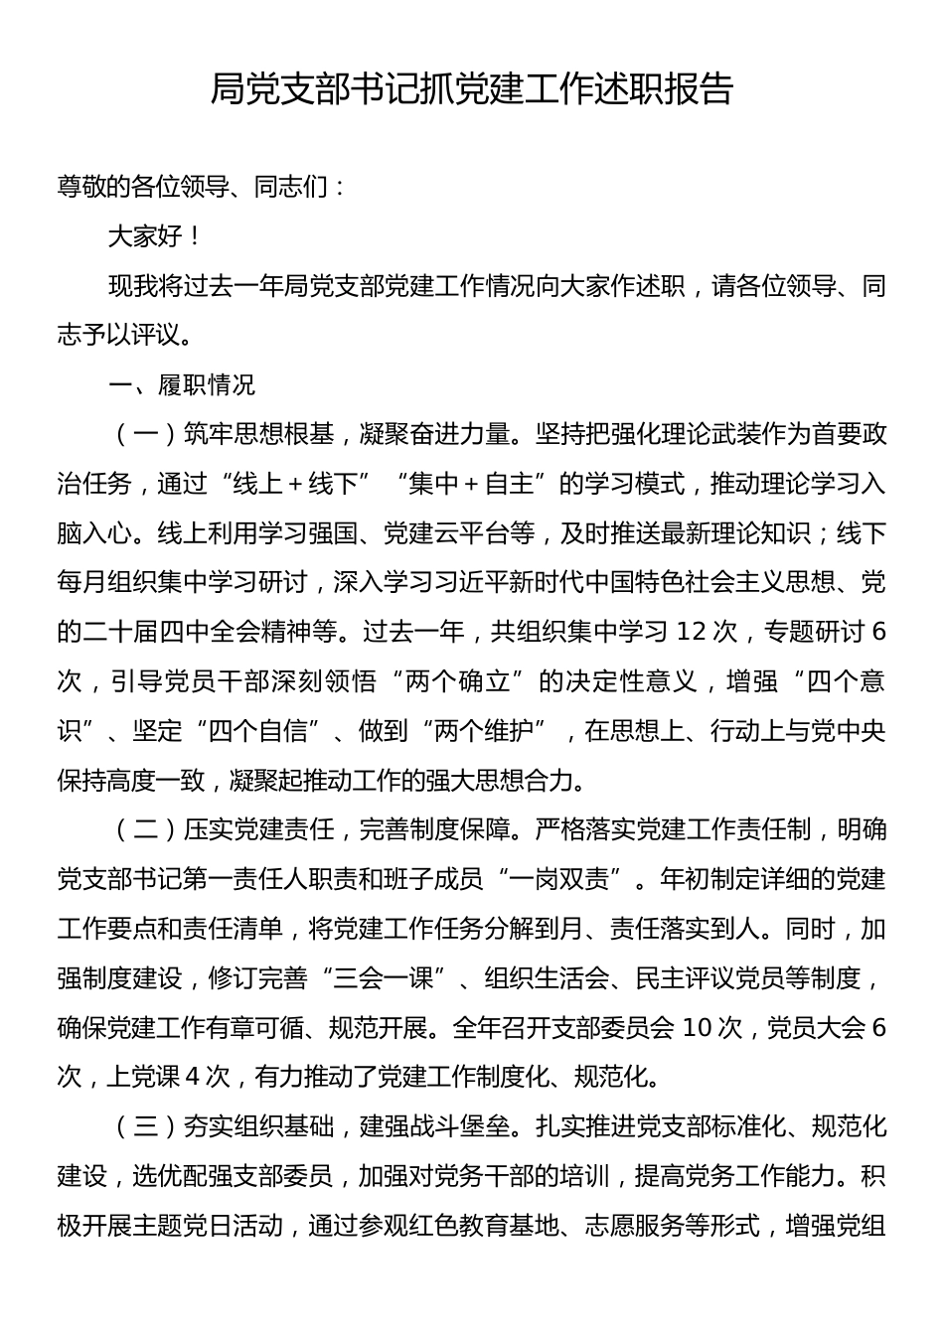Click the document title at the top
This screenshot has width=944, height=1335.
coord(471,90)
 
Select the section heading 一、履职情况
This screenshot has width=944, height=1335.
coord(182,384)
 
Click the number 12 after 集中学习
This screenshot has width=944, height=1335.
coord(693,632)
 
